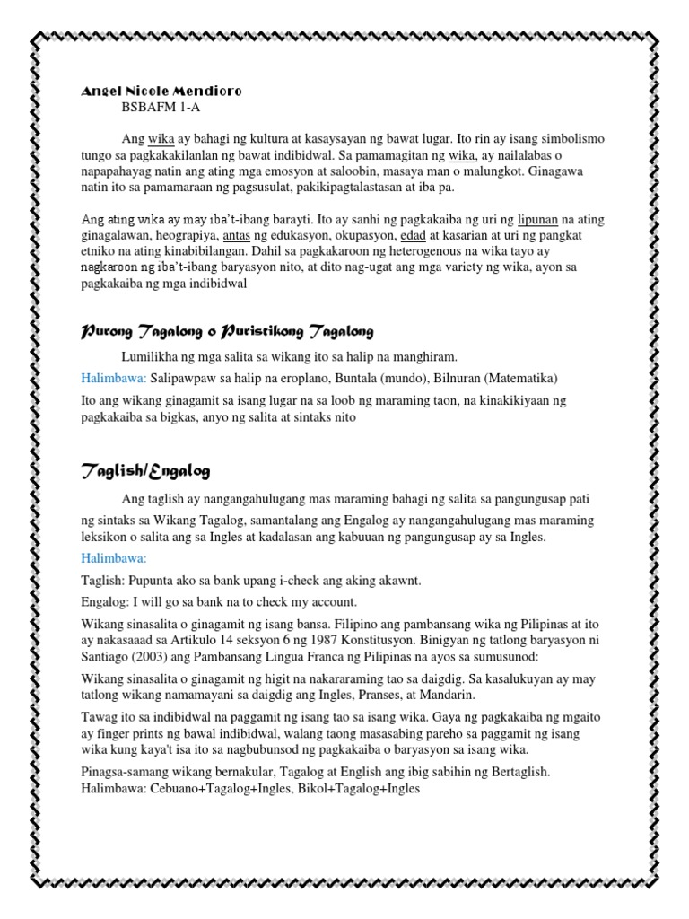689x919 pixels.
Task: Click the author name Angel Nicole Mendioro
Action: (x=161, y=92)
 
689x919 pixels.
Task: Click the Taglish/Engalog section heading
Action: (x=146, y=470)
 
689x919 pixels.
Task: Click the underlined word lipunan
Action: (x=545, y=220)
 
